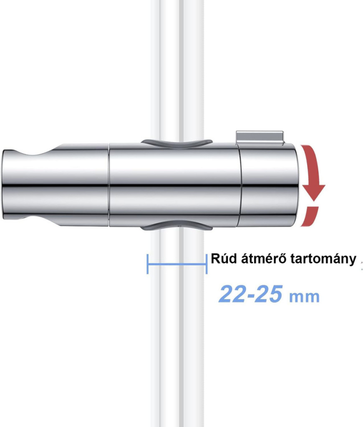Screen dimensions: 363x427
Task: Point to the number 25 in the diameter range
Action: point(269,294)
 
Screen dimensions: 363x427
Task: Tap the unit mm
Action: point(304,297)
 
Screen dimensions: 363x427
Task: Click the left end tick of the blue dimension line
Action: point(147,264)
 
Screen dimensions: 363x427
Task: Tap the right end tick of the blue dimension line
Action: point(207,264)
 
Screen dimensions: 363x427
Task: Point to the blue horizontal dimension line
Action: point(177,264)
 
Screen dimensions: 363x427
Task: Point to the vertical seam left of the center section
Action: point(109,184)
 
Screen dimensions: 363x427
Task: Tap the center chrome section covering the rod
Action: point(174,184)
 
